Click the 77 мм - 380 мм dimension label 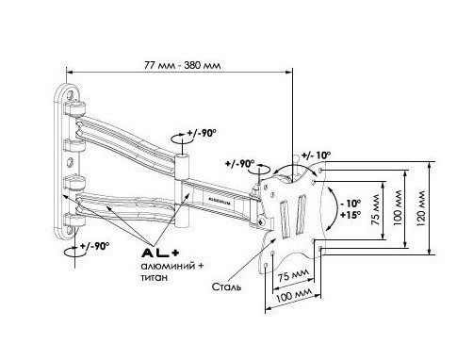tap(182, 65)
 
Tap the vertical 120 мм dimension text tap(420, 208)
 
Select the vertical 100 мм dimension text tap(397, 207)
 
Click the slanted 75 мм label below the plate tap(293, 275)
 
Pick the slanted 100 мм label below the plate tap(294, 295)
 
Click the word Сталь tap(226, 286)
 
